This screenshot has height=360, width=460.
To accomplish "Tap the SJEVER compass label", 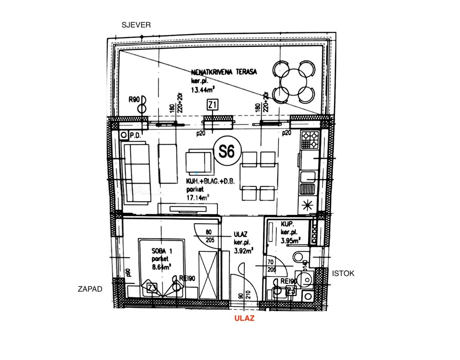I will tap(136, 25).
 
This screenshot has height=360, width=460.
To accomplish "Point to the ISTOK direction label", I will tap(343, 273).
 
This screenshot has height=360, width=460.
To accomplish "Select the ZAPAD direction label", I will tap(90, 290).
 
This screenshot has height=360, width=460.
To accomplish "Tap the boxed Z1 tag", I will tap(213, 105).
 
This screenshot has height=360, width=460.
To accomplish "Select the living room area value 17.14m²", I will tap(199, 197).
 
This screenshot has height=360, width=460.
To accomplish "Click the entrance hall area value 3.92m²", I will tap(243, 250).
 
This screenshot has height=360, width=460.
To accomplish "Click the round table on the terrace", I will tap(295, 80).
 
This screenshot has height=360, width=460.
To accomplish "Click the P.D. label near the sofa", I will tap(136, 135).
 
